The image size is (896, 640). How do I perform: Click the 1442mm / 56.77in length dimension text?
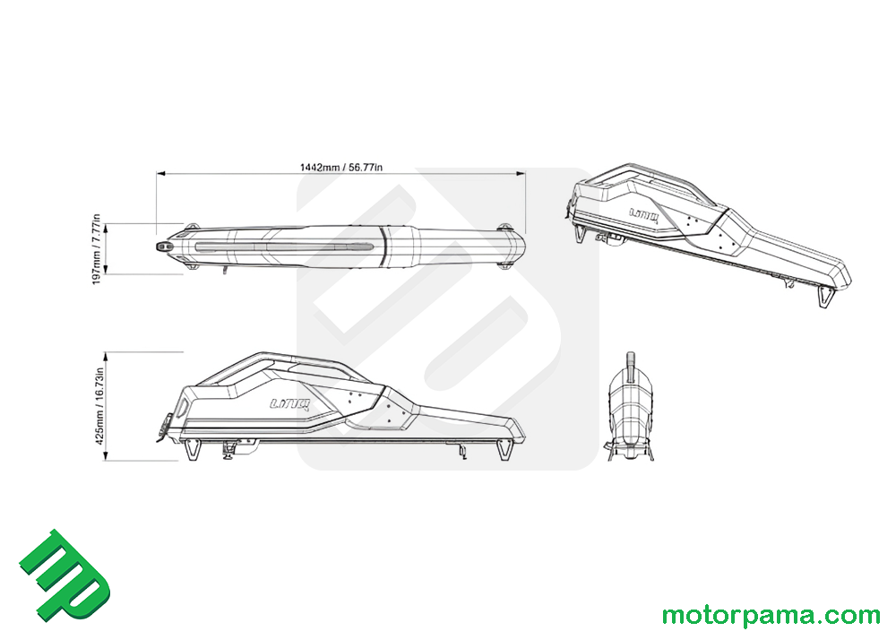tap(341, 168)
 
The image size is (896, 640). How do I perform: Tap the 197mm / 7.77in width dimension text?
tap(97, 249)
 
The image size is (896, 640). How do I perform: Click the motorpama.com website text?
tap(771, 616)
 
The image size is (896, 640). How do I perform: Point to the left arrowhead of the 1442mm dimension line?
tap(161, 173)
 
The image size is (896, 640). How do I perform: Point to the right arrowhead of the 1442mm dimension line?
tap(521, 173)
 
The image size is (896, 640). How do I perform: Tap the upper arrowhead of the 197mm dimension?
tap(107, 228)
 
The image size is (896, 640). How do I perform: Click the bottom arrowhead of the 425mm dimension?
tap(107, 455)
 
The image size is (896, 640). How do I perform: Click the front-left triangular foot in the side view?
tap(193, 449)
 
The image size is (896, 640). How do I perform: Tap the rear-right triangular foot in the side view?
tap(504, 449)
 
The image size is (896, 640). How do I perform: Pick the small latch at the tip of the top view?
tap(165, 246)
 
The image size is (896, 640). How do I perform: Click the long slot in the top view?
tap(285, 246)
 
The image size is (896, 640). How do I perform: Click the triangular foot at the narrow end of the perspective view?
tap(826, 298)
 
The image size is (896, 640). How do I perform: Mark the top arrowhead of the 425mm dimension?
tap(107, 357)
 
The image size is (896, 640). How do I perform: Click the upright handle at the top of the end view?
tap(631, 367)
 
